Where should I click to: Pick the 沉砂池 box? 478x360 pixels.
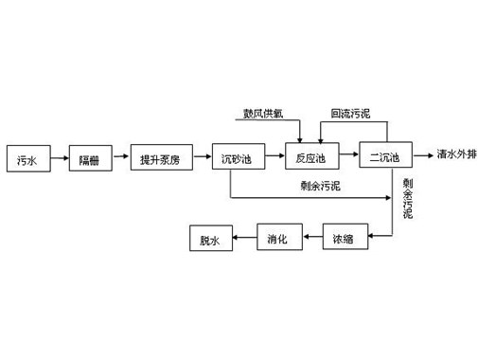[x=237, y=158]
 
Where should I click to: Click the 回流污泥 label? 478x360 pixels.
[x=349, y=115]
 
